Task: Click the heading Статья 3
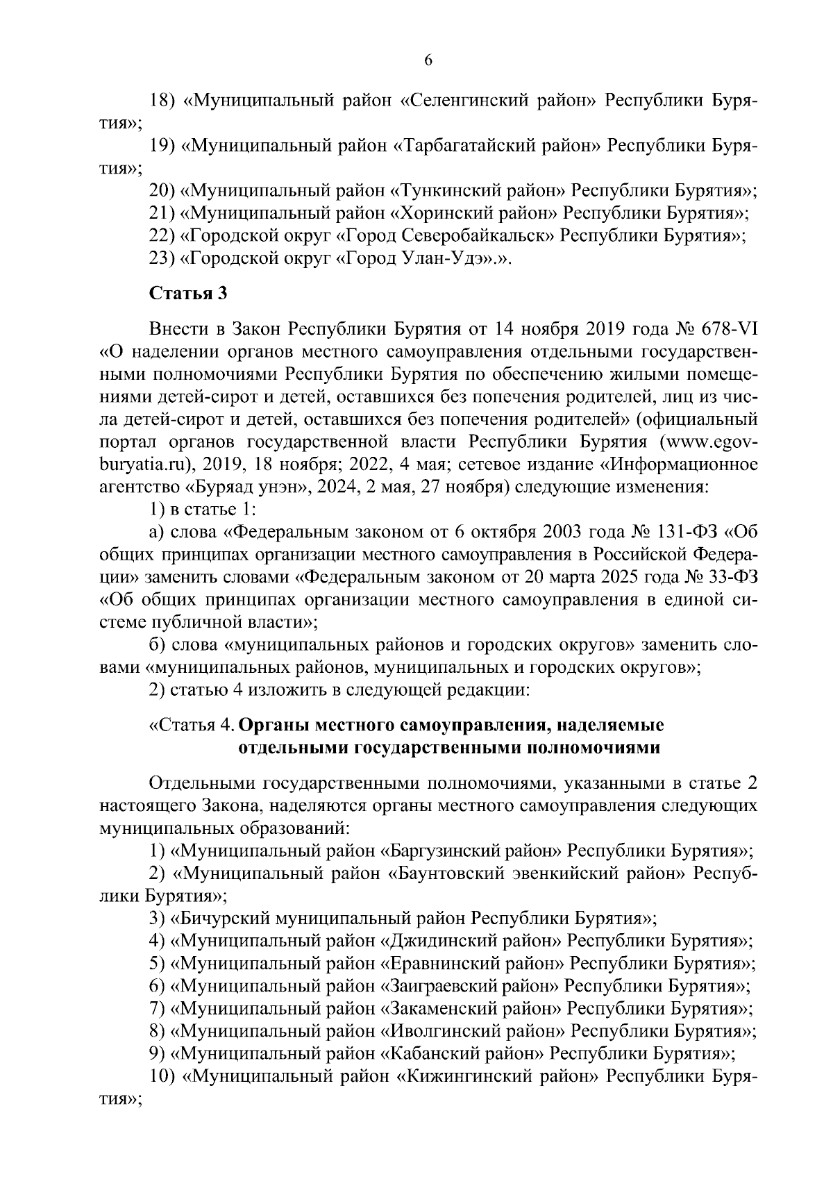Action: point(189,293)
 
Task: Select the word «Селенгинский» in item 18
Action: point(464,101)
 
